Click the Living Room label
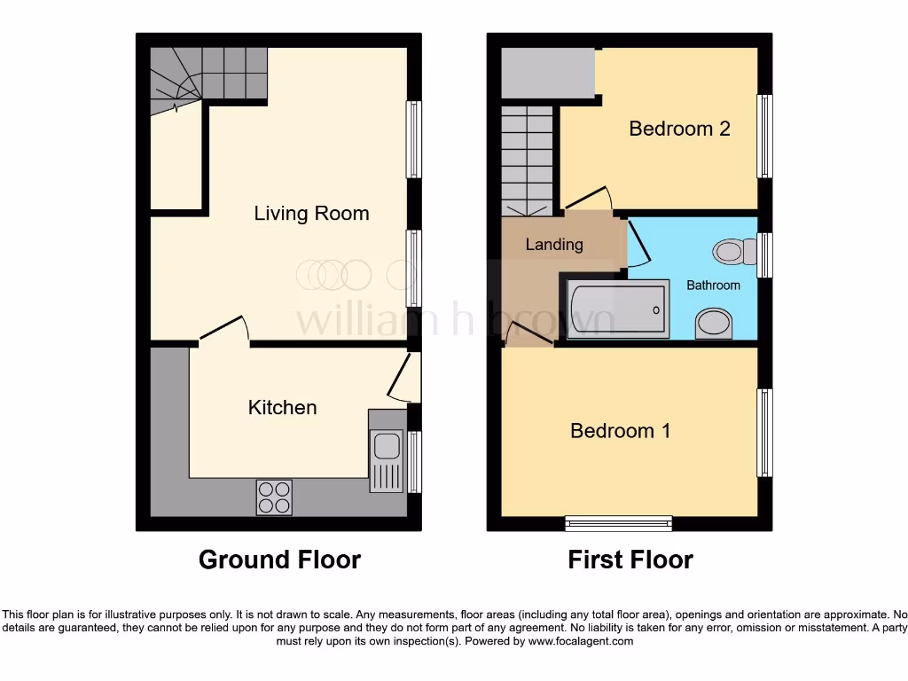pyautogui.click(x=311, y=214)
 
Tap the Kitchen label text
pyautogui.click(x=282, y=408)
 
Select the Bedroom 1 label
pyautogui.click(x=620, y=431)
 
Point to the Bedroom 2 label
pyautogui.click(x=679, y=129)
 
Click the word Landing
pyautogui.click(x=554, y=245)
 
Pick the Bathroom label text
pyautogui.click(x=713, y=286)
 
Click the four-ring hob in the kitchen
pyautogui.click(x=274, y=497)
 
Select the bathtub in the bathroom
pyautogui.click(x=617, y=310)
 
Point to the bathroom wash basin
pyautogui.click(x=714, y=324)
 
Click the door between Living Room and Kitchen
pyautogui.click(x=223, y=330)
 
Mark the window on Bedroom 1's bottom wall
pyautogui.click(x=618, y=524)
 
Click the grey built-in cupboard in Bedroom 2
pyautogui.click(x=547, y=74)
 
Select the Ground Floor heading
pyautogui.click(x=279, y=560)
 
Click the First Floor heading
pyautogui.click(x=630, y=560)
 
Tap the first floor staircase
pyautogui.click(x=527, y=160)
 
